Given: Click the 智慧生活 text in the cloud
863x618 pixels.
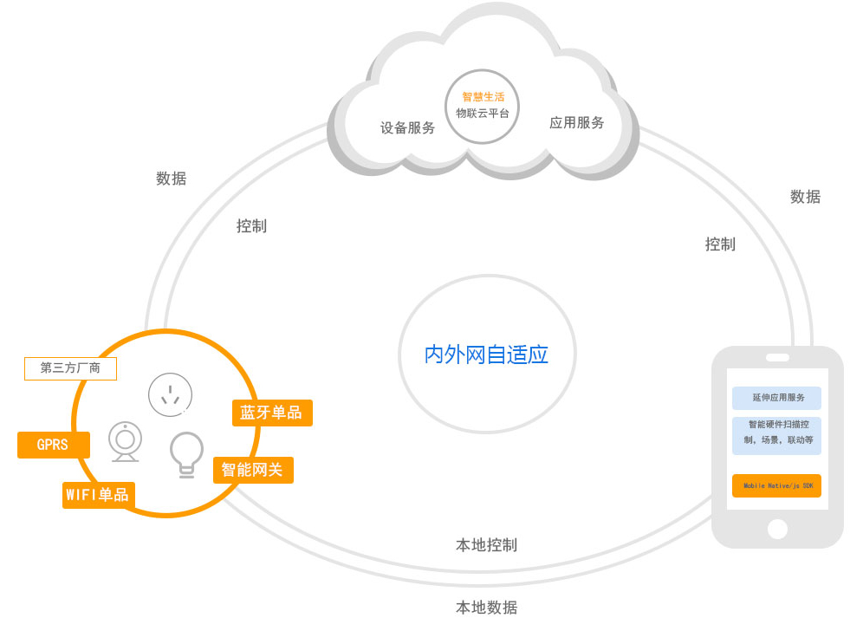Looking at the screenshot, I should (x=483, y=97).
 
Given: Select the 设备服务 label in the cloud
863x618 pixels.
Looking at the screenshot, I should (x=407, y=127).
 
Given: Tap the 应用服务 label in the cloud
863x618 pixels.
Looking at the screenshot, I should (x=576, y=123).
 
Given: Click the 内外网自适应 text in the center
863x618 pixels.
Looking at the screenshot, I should (x=486, y=355).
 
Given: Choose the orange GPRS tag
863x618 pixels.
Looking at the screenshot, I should (x=53, y=445).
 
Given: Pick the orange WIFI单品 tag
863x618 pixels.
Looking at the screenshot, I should (x=98, y=495).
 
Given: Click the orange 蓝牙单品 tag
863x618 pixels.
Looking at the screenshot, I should (x=272, y=413).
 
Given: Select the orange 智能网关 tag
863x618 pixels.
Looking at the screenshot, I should (x=252, y=470).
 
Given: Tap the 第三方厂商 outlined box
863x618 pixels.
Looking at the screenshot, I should (x=70, y=368).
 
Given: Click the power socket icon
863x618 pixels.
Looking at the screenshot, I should (x=170, y=394).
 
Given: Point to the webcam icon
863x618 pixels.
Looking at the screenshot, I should (x=126, y=441).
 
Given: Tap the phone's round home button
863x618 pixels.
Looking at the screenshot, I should (x=777, y=529).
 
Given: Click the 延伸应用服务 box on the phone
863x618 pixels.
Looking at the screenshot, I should (x=776, y=398).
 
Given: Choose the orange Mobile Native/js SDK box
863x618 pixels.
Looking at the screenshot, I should (x=776, y=486).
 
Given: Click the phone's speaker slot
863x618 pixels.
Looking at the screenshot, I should (x=777, y=357).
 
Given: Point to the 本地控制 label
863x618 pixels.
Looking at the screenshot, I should (x=486, y=545).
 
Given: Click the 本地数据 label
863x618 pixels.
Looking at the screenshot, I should (x=486, y=607).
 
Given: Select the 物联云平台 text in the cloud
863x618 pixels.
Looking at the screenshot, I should (x=483, y=114).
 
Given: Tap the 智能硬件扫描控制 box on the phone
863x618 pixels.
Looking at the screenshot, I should (x=776, y=433).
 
